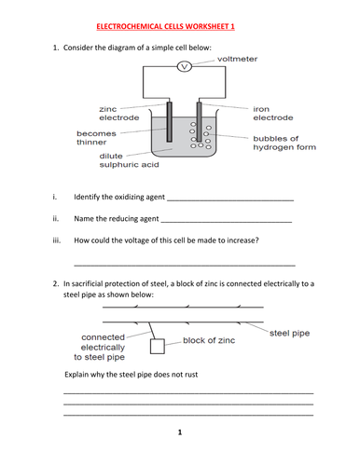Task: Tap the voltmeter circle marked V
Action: coord(185,66)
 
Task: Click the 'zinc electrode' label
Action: coord(119,114)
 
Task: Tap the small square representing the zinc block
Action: coord(158,347)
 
